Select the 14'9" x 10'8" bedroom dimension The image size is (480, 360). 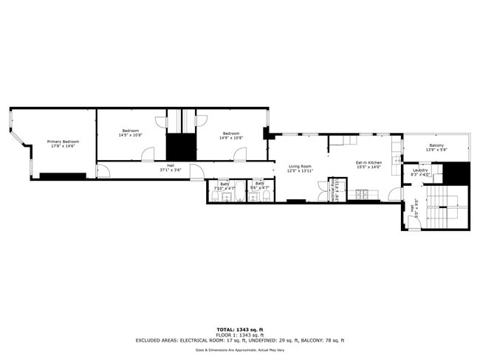point(231,138)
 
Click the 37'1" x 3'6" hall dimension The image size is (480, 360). point(171,170)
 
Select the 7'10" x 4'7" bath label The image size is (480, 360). point(224,188)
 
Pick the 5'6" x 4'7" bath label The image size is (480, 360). point(259,188)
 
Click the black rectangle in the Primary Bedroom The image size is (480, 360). point(63,176)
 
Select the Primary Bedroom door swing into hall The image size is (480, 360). point(103,171)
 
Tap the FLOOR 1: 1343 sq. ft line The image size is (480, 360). point(239,334)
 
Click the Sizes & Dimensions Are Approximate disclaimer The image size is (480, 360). point(239,350)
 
